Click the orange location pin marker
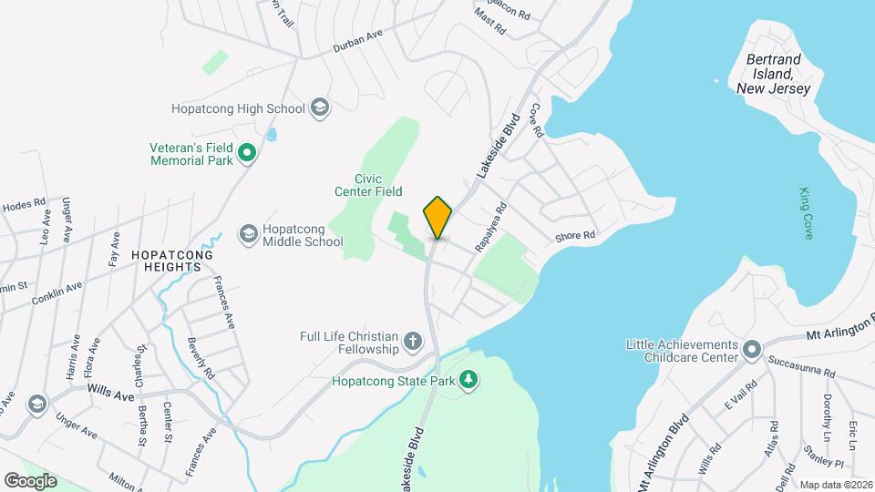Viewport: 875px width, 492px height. tap(437, 217)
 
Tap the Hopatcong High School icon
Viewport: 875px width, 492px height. tap(318, 108)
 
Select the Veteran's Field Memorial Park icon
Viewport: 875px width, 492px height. tap(246, 154)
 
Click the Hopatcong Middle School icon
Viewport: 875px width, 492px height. tap(248, 234)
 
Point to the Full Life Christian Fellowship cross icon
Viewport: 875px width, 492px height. tap(413, 343)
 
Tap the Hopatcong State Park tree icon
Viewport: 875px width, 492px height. tap(468, 378)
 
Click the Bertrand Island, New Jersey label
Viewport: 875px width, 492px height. tap(777, 74)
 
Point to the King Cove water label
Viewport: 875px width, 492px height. tap(805, 214)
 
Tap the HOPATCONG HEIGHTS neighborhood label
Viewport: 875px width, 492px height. tap(165, 261)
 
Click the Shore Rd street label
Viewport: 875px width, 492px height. tap(576, 236)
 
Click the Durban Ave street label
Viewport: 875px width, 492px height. tap(356, 40)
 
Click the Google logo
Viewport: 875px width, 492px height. tap(30, 480)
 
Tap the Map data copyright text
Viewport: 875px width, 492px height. tap(834, 485)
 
